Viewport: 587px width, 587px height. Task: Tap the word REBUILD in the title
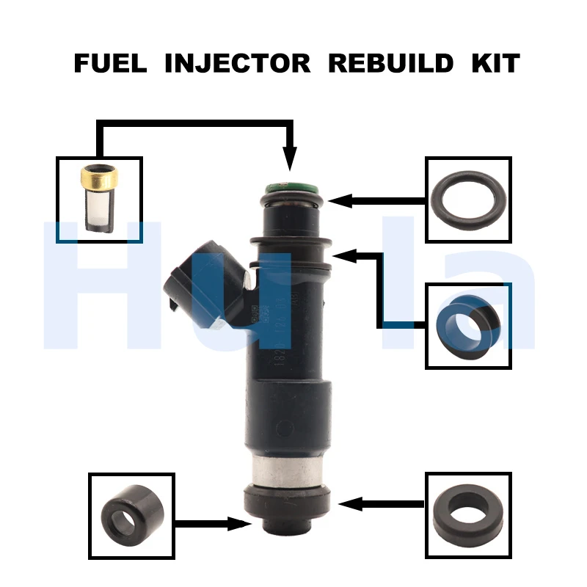pyautogui.click(x=390, y=63)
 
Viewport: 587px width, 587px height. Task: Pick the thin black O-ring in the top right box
pyautogui.click(x=469, y=200)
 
